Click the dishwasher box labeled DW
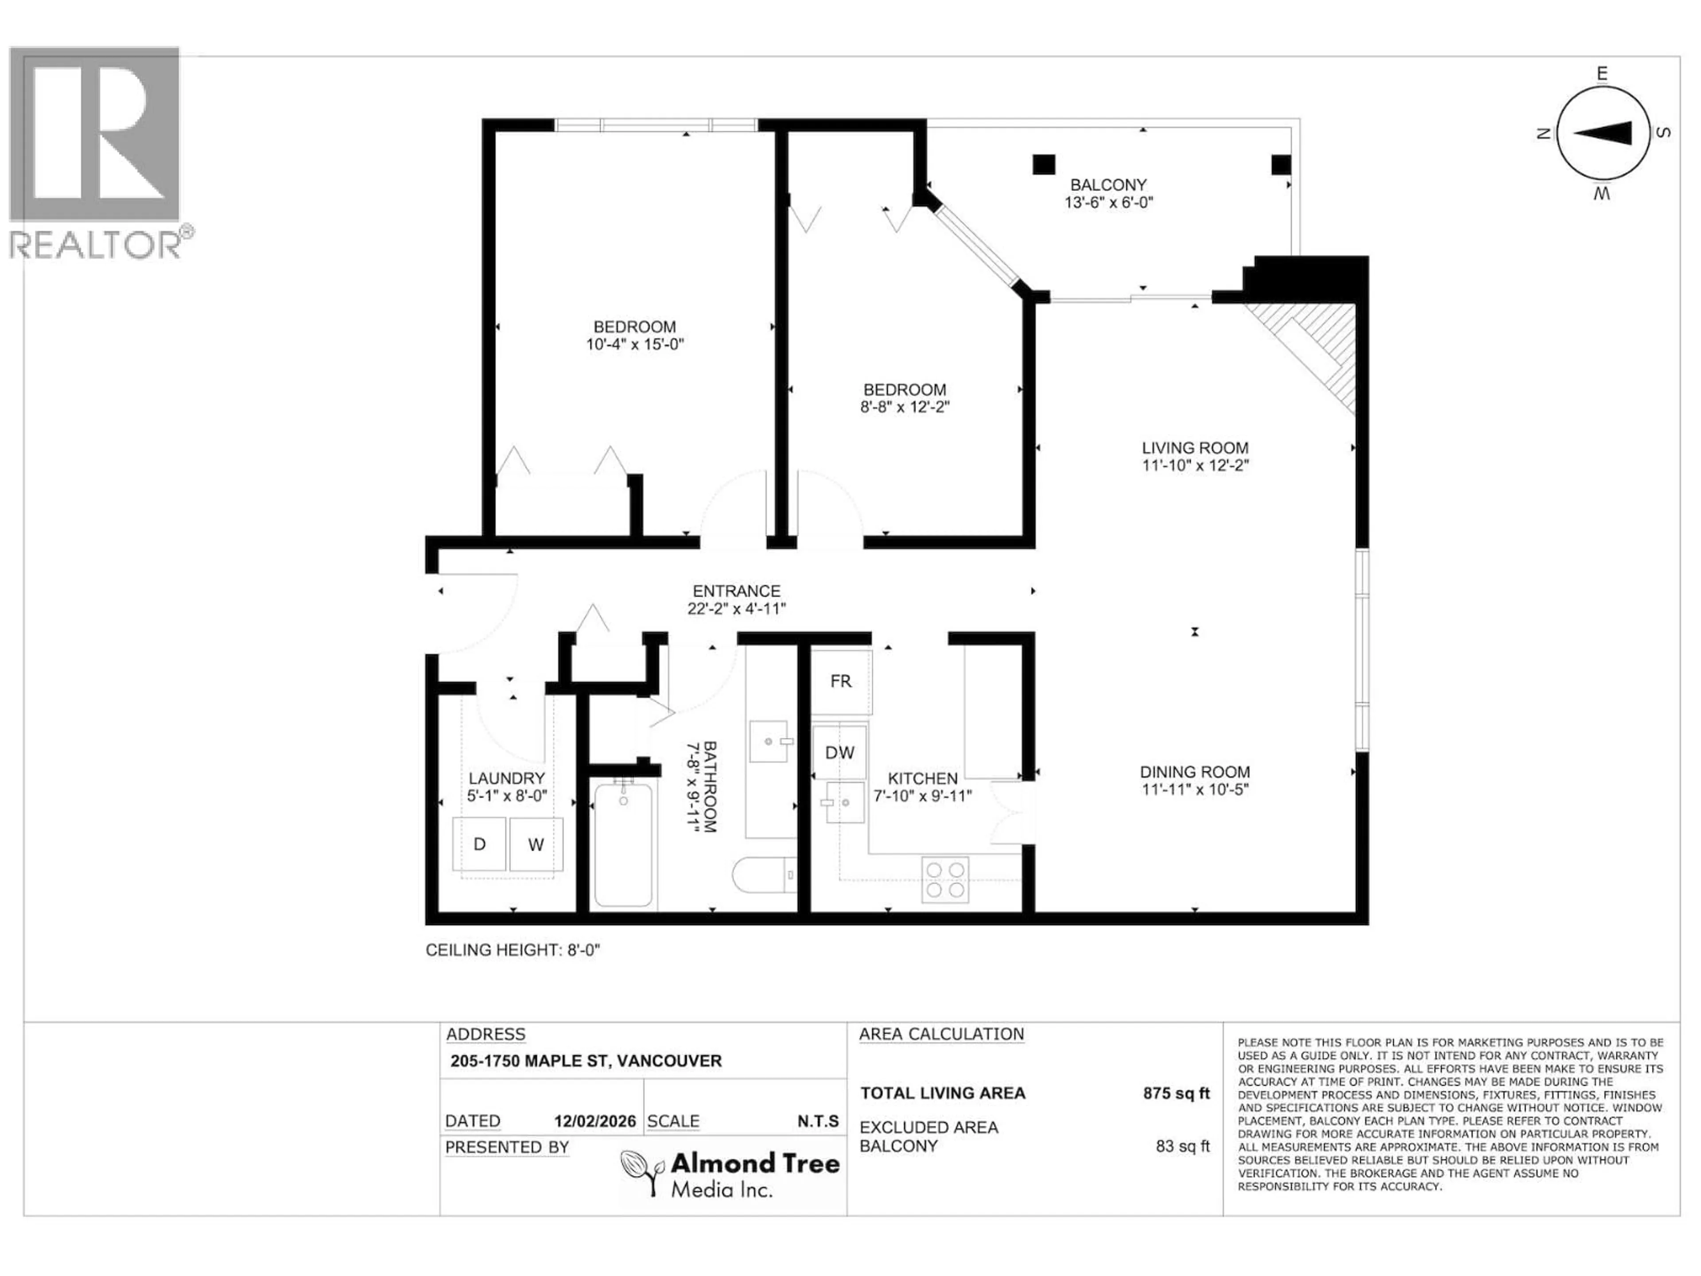coord(840,752)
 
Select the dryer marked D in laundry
coord(479,844)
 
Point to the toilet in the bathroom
coord(764,875)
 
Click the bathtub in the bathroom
coord(623,844)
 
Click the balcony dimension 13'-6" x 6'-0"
coord(1108,203)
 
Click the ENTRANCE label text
coord(736,591)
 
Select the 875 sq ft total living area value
coord(1176,1093)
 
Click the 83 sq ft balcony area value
coord(1182,1146)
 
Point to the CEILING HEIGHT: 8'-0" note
coord(512,950)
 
